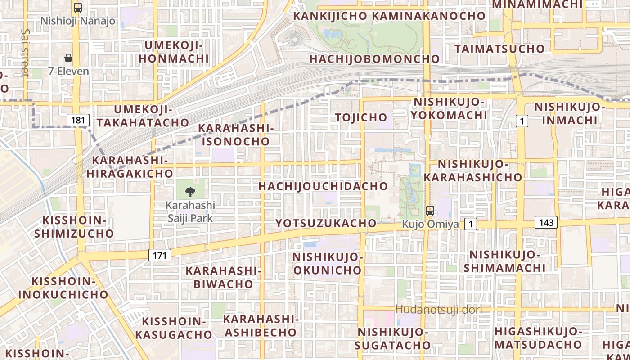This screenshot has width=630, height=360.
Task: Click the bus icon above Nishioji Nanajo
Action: point(78,7)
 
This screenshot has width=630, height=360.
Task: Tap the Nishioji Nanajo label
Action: point(78,21)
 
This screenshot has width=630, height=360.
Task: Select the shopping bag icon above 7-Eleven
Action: point(68,58)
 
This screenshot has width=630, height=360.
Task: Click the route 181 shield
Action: point(78,120)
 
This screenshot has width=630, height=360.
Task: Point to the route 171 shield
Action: point(159,256)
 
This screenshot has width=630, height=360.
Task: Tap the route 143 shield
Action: point(546,222)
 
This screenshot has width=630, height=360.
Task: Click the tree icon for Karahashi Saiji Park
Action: point(190,193)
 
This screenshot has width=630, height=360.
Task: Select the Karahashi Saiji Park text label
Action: point(190,211)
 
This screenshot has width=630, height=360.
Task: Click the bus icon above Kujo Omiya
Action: point(430,210)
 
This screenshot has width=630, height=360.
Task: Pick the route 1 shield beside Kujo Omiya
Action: point(471,224)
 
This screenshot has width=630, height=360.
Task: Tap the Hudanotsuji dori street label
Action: point(439,310)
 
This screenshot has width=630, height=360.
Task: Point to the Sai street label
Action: point(25,53)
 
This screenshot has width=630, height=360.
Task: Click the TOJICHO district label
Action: point(361,117)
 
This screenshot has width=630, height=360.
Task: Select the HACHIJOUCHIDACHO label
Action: point(323,186)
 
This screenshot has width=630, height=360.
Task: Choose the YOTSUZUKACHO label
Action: point(326,223)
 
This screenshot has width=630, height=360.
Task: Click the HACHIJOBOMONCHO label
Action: point(374,59)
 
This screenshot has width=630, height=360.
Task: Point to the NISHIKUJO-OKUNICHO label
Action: point(327,263)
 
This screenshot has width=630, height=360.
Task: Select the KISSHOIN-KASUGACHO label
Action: point(174,328)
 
